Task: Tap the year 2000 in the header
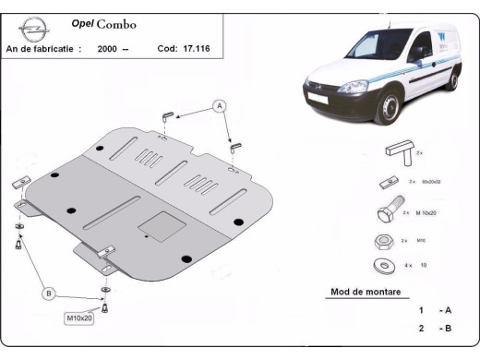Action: click(x=106, y=49)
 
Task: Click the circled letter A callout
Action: click(x=220, y=105)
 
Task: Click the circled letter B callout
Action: click(x=48, y=294)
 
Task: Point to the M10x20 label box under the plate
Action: click(x=80, y=318)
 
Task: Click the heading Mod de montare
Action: click(x=365, y=293)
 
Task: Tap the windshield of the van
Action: click(x=341, y=66)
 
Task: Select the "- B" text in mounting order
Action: click(x=446, y=328)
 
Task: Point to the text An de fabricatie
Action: click(x=42, y=49)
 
